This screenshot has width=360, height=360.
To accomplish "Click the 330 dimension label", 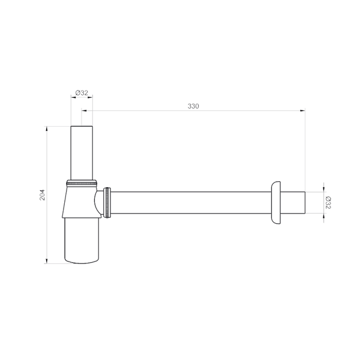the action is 193,106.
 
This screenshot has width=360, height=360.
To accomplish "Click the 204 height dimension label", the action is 43,195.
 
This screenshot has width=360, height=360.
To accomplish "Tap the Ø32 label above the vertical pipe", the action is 82,93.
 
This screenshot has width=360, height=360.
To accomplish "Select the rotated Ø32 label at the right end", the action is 328,203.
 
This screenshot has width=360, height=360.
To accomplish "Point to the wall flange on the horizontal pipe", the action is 275,203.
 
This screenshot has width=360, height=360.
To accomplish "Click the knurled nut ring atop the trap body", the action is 82,183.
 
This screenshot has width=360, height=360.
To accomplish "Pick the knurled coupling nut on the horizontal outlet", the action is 107,203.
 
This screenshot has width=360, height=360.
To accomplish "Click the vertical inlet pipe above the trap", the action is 82,153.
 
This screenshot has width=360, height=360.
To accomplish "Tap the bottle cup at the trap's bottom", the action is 82,240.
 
